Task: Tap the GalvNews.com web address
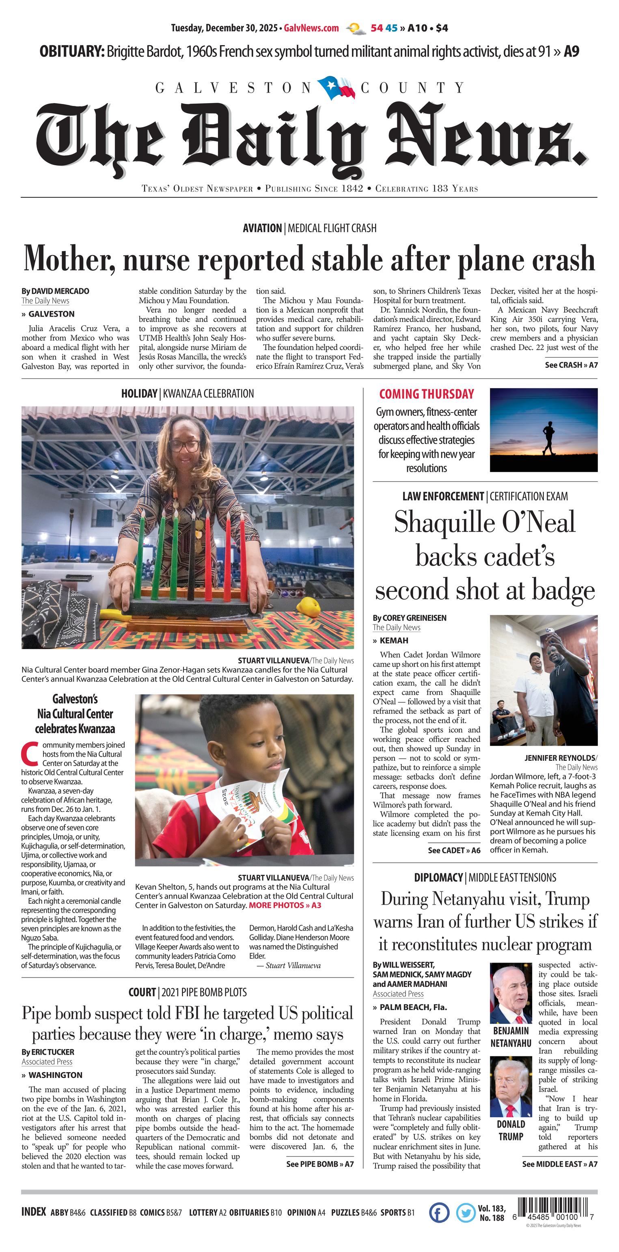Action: pyautogui.click(x=311, y=28)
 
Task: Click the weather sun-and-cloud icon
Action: pyautogui.click(x=356, y=29)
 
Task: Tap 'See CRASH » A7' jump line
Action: pyautogui.click(x=571, y=365)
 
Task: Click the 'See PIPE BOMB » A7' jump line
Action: pyautogui.click(x=320, y=1164)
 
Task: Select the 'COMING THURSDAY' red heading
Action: pyautogui.click(x=426, y=394)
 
